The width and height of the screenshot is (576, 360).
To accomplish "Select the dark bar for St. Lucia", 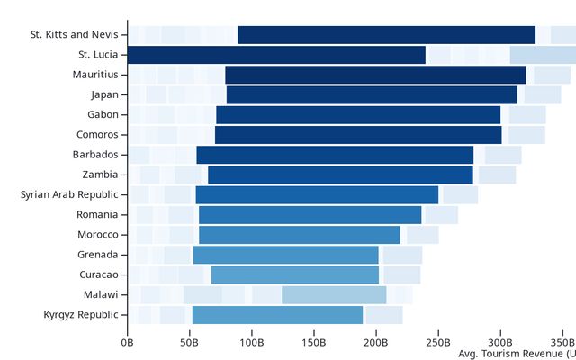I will (x=276, y=55).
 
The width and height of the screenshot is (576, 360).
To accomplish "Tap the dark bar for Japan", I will (x=372, y=94).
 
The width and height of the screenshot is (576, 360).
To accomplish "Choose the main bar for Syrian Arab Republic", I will (x=317, y=194).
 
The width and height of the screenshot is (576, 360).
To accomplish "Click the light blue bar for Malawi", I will (x=334, y=294).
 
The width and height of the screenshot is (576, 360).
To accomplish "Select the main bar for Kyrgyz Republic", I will (x=277, y=314).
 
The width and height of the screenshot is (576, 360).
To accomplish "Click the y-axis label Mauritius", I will (x=95, y=75).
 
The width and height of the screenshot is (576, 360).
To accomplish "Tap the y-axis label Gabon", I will (x=103, y=114).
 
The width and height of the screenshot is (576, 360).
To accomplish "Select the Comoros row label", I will (x=96, y=134).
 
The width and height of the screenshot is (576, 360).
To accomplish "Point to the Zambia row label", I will (x=99, y=175).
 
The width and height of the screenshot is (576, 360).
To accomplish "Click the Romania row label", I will (x=97, y=214).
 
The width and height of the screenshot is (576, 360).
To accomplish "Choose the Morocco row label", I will (x=97, y=234).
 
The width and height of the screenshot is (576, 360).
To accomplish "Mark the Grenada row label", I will (x=97, y=254).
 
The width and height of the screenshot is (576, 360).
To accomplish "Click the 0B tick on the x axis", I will (x=127, y=342).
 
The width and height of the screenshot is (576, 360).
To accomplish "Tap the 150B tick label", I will (x=314, y=342).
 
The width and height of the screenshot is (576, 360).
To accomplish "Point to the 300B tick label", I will (x=500, y=342).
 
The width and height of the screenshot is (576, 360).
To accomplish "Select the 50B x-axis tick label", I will (x=190, y=342).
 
